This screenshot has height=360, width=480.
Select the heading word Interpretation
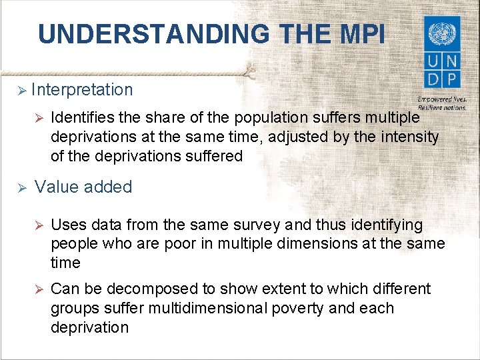(x=82, y=89)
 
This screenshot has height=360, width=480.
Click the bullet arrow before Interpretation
(x=20, y=90)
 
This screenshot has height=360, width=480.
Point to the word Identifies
(x=80, y=117)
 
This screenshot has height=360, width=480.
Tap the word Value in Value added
(x=57, y=187)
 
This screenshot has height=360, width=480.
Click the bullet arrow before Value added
(x=20, y=188)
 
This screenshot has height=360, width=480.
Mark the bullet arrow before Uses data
(x=38, y=225)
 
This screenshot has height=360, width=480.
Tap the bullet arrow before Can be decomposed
(x=38, y=289)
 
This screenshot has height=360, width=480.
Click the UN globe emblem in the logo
(x=441, y=33)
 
